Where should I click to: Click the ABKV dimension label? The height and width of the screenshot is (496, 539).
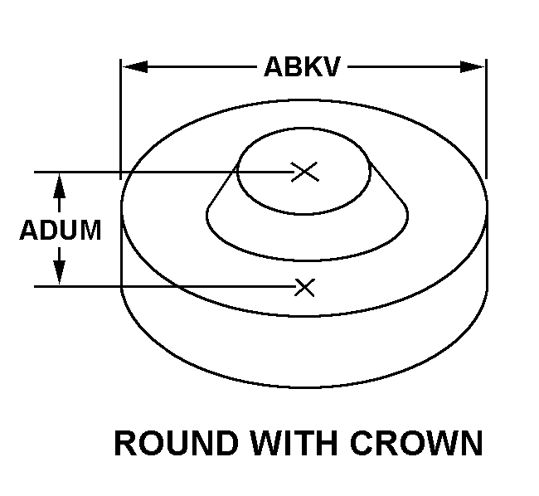pyautogui.click(x=302, y=66)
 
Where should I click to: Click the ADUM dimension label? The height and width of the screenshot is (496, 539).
pyautogui.click(x=61, y=230)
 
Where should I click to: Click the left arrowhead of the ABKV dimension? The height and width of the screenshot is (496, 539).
pyautogui.click(x=133, y=66)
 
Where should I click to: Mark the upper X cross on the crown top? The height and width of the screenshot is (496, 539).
pyautogui.click(x=305, y=172)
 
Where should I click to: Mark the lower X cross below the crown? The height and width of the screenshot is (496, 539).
pyautogui.click(x=305, y=287)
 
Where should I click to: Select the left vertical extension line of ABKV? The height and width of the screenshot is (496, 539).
pyautogui.click(x=122, y=116)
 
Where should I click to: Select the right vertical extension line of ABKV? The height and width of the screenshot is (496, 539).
pyautogui.click(x=486, y=116)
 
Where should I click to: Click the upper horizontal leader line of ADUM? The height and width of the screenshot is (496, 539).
pyautogui.click(x=166, y=172)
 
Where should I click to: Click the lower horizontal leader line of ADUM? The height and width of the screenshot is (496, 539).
pyautogui.click(x=166, y=287)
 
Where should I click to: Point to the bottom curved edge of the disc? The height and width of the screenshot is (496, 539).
pyautogui.click(x=303, y=387)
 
